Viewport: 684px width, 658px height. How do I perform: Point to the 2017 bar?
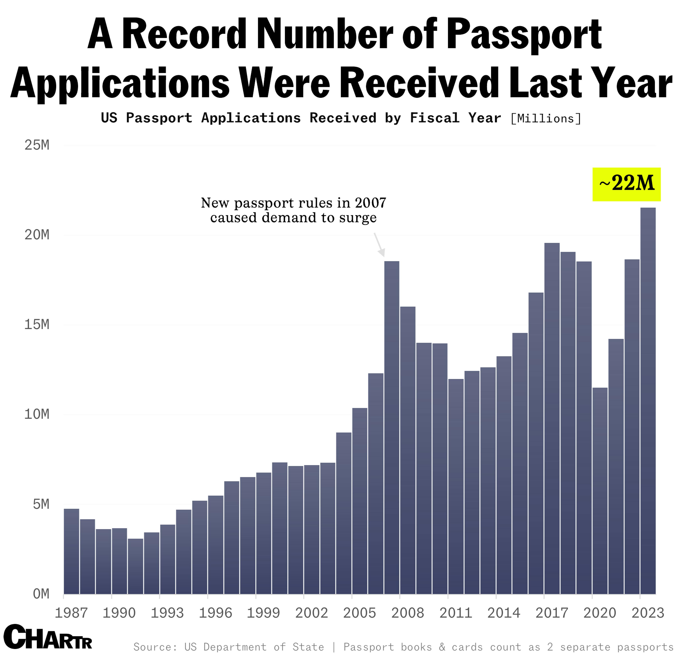pyautogui.click(x=552, y=418)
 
